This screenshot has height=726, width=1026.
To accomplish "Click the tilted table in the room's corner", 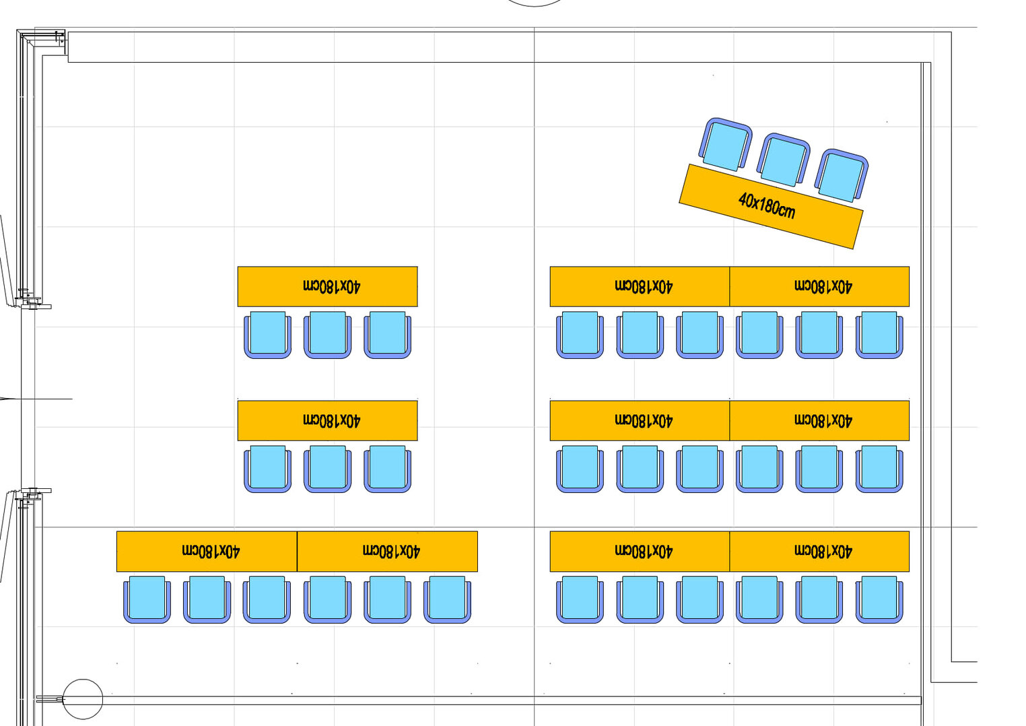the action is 771,207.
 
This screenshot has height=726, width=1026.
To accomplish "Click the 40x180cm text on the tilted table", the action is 767,206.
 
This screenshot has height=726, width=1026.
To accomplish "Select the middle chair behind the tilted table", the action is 783,160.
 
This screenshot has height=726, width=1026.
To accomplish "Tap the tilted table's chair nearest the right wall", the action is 842,176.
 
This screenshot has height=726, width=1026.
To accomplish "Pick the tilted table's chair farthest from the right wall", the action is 725,144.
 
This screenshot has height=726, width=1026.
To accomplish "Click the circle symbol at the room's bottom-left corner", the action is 83,700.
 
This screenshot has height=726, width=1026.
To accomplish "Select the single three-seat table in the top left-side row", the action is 327,286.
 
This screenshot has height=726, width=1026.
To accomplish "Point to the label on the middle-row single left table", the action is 332,421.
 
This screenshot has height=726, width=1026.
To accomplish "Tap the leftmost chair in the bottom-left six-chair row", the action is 147,600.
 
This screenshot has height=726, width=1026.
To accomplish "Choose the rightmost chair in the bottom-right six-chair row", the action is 879,600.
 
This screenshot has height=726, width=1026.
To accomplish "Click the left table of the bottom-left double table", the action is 207,552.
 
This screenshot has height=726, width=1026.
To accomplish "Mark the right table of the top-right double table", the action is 819,286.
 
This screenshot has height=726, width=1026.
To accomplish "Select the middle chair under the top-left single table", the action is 327,335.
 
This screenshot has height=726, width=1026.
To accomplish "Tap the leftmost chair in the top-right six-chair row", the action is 580,335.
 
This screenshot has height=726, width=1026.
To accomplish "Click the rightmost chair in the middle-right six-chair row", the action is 879,469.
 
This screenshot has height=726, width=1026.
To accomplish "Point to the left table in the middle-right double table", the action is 640,421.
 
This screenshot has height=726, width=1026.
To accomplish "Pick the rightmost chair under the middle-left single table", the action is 388,469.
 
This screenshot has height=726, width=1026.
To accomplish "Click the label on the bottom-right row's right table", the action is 823,552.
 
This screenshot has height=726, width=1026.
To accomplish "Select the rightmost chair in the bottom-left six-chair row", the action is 447,600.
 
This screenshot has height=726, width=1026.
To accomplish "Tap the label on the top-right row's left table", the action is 644,286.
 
